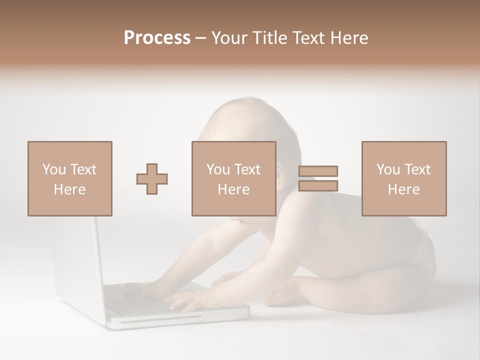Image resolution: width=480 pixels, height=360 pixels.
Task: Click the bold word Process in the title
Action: pos(157,38)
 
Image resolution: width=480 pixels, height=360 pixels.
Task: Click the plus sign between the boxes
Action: pos(152,179)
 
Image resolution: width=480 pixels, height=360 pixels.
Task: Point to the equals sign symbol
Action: pos(318,178)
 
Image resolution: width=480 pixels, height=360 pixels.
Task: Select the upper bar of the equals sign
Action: pos(318,171)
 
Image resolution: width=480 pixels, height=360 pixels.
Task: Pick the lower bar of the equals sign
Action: pos(318,186)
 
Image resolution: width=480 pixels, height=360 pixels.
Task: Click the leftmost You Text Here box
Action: pos(69,178)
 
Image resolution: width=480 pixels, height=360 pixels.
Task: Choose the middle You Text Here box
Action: pos(233,178)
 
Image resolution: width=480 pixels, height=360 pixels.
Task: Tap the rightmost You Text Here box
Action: pos(403,178)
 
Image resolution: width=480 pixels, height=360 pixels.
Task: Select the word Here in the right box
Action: pos(403,189)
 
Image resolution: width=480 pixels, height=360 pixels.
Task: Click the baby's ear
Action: pos(280,177)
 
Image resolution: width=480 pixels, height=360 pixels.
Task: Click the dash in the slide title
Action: pos(201,38)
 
